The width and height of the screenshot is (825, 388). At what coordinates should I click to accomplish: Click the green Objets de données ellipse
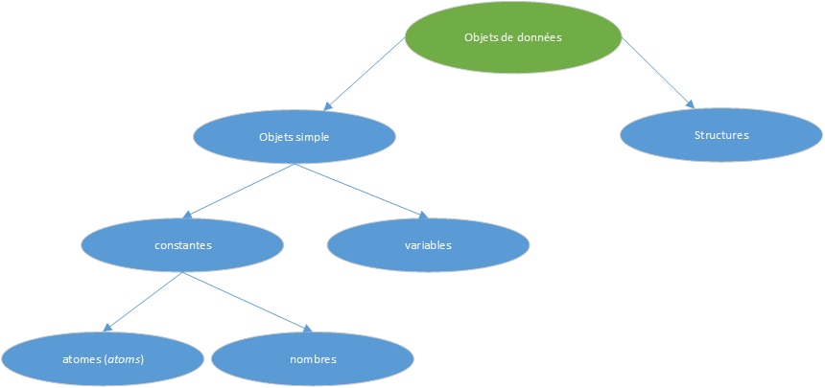pos(512,38)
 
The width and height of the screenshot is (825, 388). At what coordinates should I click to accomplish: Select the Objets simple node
pos(294,137)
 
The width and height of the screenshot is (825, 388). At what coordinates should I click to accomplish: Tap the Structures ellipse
pos(720,135)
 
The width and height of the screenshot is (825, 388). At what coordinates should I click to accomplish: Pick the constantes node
pos(182,245)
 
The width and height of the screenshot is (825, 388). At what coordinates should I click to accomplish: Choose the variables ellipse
pos(428,245)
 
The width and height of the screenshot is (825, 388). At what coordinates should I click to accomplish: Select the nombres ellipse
pos(313,360)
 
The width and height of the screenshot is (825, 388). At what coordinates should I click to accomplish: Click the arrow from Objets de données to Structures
pos(657,72)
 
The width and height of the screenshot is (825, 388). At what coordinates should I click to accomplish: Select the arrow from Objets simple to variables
pos(360,191)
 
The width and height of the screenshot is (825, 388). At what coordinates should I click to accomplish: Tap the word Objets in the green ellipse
pos(481,38)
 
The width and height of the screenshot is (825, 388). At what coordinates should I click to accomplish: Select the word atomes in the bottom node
pos(82,360)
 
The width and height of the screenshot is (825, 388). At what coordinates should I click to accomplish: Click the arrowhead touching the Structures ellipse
pos(688,102)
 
